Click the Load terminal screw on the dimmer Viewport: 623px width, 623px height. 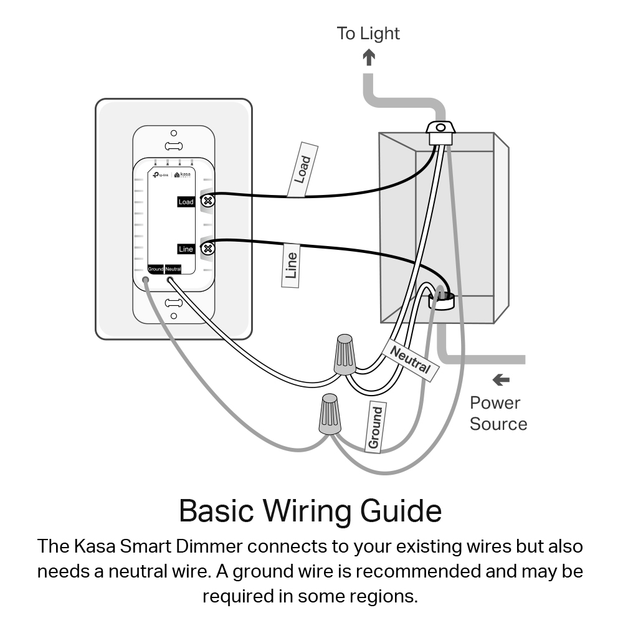coord(209,201)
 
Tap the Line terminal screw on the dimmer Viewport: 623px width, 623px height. coord(209,249)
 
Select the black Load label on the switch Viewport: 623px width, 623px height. coord(186,202)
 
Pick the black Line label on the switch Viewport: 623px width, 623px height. coord(186,249)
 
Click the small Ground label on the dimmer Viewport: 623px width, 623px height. coord(155,269)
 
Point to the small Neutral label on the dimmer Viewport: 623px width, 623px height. coord(173,269)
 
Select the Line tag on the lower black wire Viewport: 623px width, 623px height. coord(291,265)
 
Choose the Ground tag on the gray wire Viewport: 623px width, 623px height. coord(374,427)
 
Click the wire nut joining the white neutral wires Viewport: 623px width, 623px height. coord(345,354)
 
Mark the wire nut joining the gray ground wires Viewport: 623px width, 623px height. coord(330,414)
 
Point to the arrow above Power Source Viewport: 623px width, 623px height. coord(500,379)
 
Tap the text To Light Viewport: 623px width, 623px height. coord(368,33)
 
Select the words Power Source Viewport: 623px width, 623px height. coord(498,413)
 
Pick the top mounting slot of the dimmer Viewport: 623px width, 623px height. coord(173,146)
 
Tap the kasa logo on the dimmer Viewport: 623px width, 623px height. coord(183,175)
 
